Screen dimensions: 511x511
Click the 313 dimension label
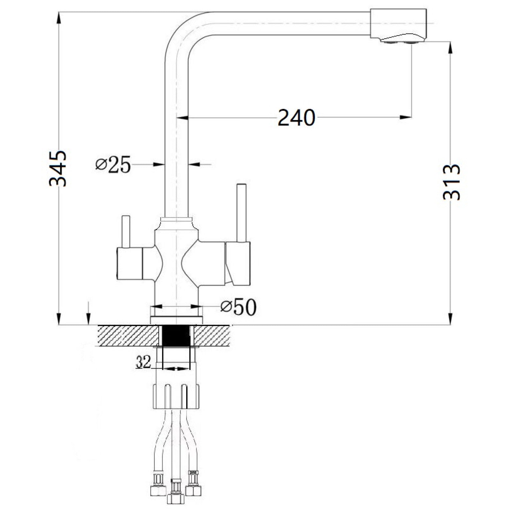point(451,182)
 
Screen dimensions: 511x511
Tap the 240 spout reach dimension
point(296,118)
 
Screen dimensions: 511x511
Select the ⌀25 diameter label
point(113,165)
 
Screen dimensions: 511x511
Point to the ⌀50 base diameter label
point(238,307)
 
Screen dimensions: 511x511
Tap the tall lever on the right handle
point(241,213)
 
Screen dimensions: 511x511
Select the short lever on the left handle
point(126,231)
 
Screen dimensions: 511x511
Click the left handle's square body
point(129,263)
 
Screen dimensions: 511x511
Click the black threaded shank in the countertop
point(176,335)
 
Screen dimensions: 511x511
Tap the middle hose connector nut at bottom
point(175,498)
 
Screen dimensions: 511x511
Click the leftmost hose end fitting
point(158,489)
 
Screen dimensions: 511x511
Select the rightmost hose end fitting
point(193,488)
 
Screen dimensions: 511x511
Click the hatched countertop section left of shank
point(128,335)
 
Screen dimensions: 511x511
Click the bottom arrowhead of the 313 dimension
point(450,319)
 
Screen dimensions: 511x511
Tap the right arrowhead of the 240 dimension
point(406,118)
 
